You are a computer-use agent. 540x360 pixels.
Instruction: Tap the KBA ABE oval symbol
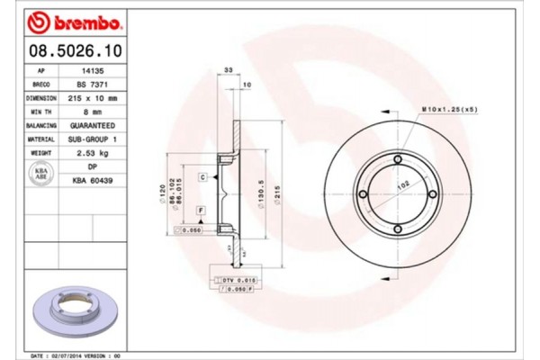(41, 174)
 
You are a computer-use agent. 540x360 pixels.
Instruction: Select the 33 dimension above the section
(229, 70)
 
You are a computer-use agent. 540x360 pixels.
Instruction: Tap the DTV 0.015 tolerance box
(234, 282)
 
